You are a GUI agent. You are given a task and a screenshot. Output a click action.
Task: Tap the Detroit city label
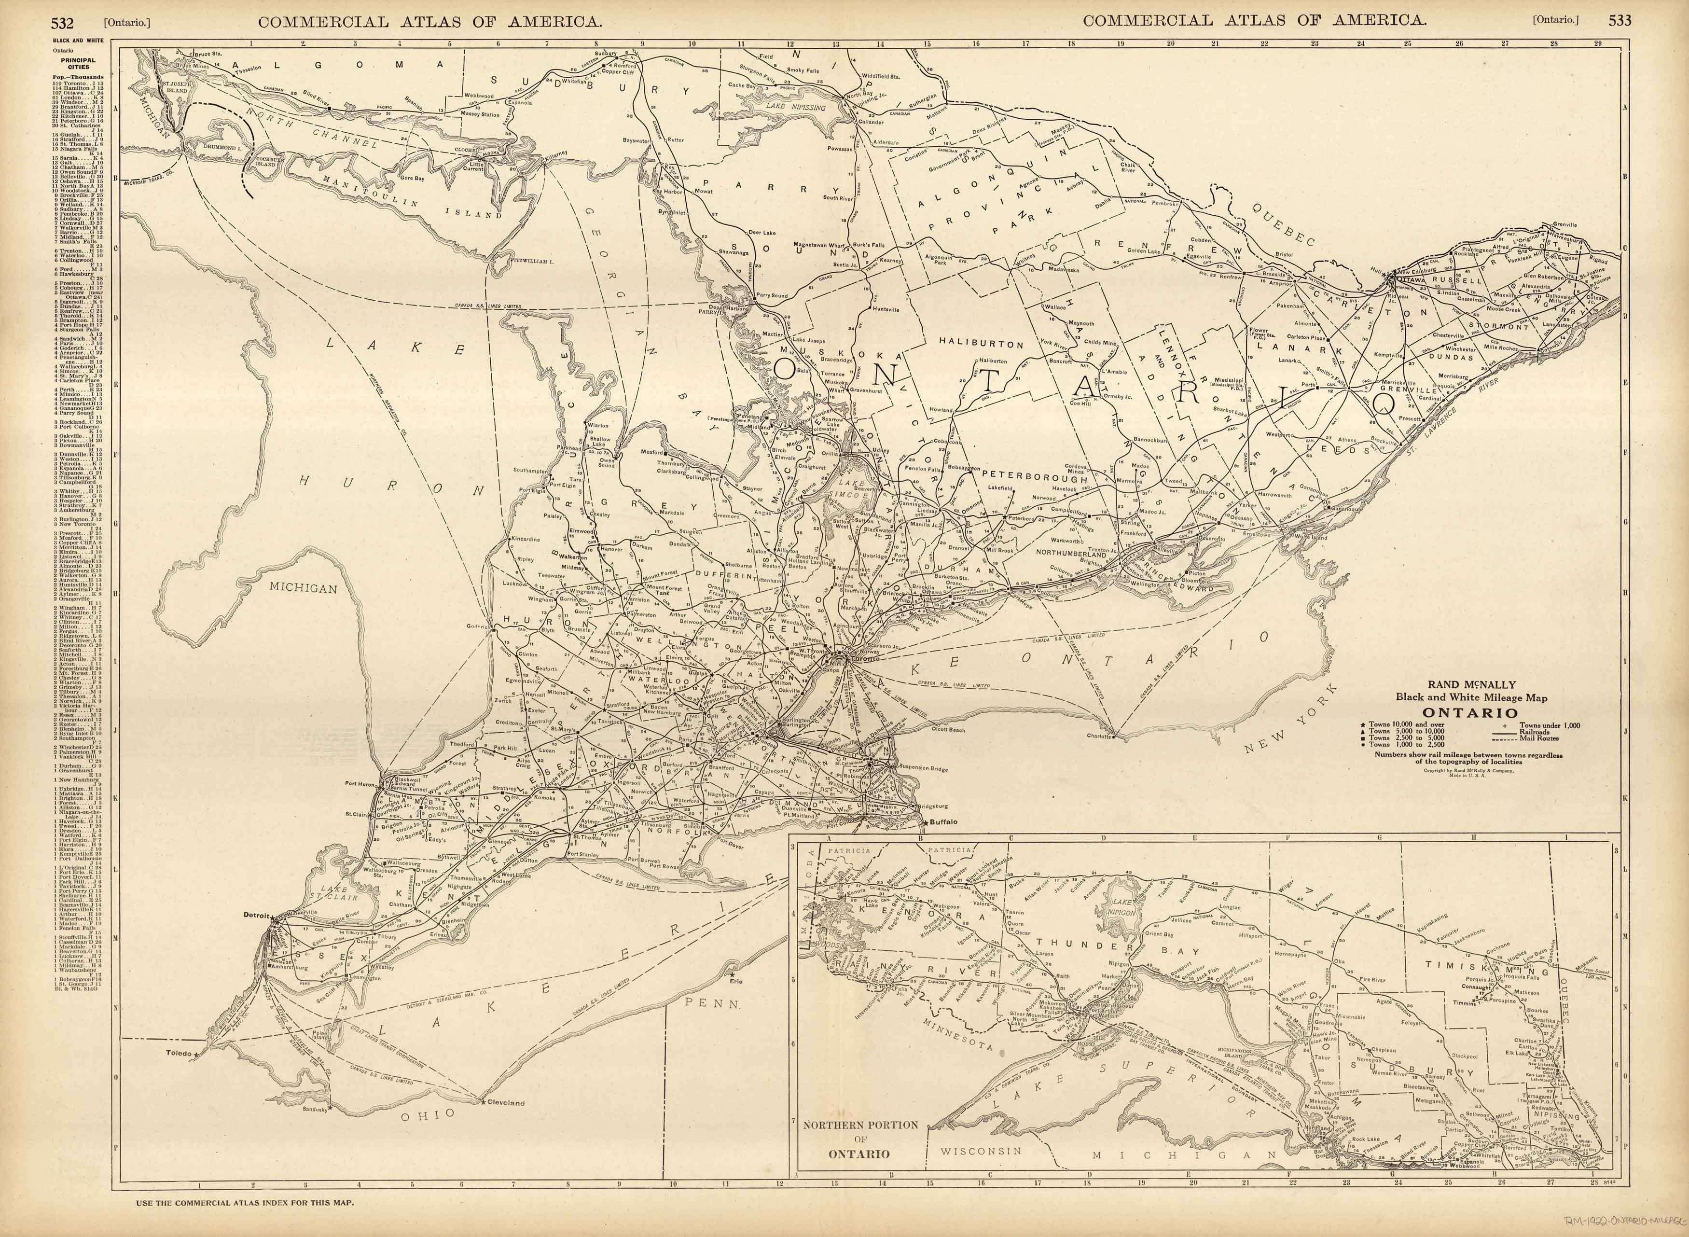tap(255, 915)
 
